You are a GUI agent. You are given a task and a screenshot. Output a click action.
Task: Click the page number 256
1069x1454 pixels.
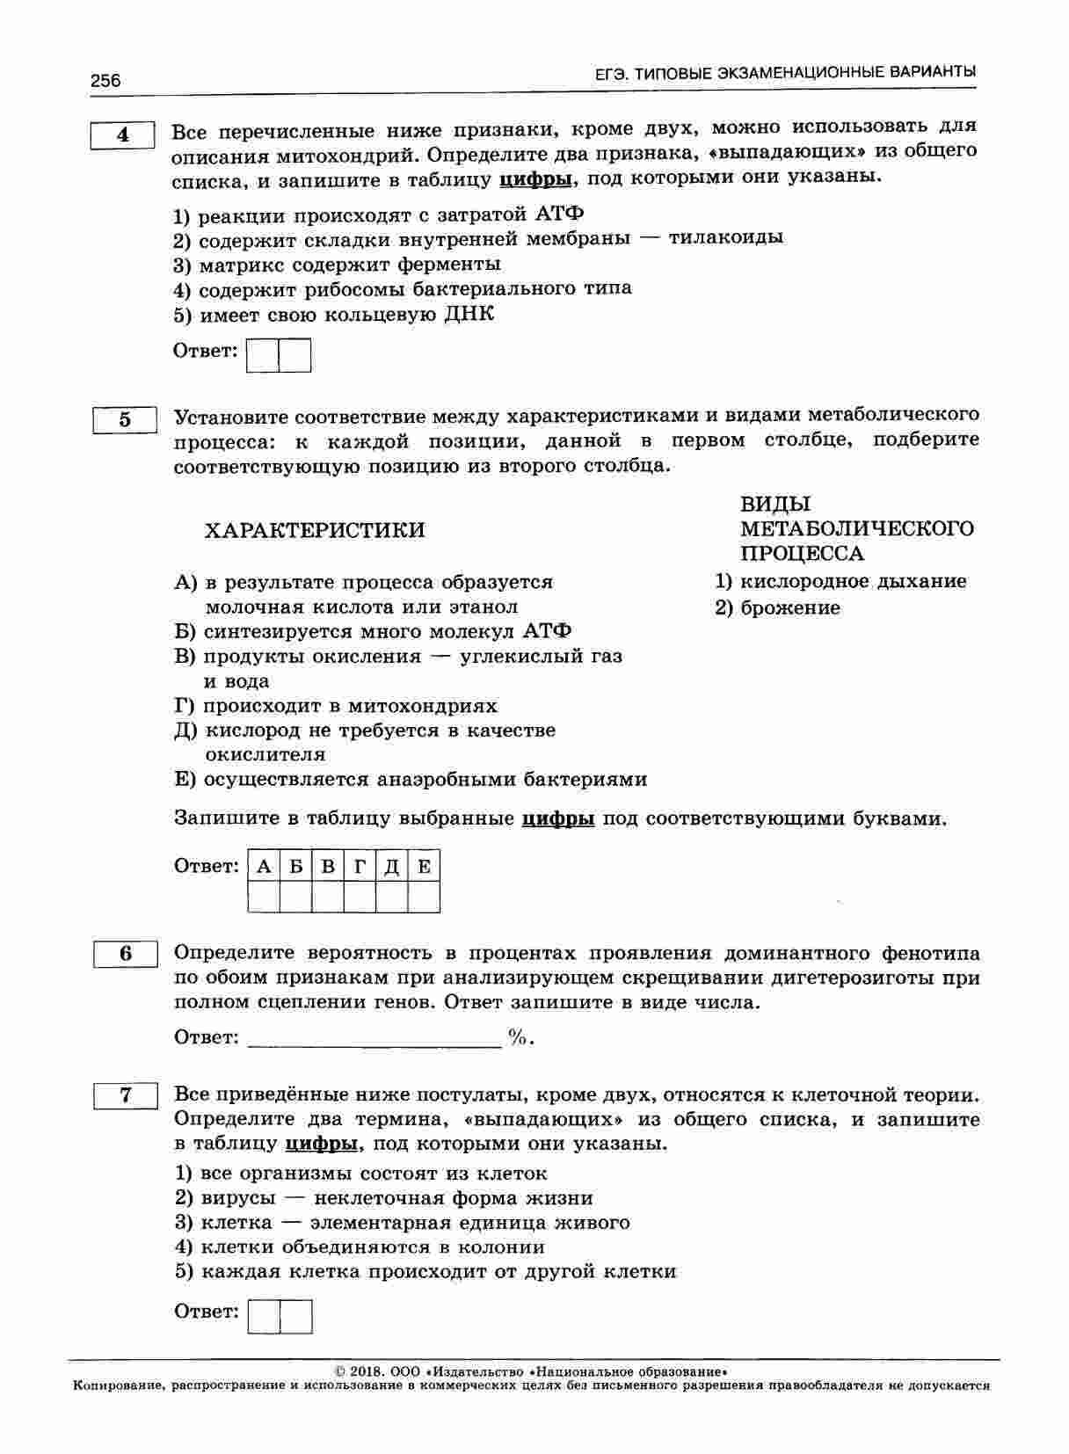pos(105,81)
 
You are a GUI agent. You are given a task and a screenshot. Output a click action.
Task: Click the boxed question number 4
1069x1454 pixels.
pos(123,135)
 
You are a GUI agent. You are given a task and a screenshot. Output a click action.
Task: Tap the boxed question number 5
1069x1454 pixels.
pos(125,420)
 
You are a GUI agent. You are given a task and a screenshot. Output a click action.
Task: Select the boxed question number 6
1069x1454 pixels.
pos(126,954)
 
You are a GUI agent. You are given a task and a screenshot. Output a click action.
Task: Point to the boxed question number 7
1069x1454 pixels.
pos(126,1095)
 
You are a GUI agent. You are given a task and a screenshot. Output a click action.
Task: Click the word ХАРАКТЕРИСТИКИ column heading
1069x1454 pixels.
pos(314,530)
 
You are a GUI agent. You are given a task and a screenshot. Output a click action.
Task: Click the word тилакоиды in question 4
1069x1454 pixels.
pos(725,237)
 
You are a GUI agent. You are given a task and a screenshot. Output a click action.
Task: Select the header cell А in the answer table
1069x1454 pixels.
pos(264,867)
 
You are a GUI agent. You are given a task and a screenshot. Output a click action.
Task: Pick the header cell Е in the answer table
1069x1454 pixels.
pos(424,867)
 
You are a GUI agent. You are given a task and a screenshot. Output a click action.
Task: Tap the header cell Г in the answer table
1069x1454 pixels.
pos(360,867)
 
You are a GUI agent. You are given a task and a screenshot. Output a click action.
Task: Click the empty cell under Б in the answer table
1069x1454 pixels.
pos(296,898)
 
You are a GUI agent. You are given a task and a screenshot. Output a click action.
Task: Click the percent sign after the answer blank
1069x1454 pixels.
pos(518,1038)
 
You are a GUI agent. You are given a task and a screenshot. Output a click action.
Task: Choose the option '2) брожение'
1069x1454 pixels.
pos(777,608)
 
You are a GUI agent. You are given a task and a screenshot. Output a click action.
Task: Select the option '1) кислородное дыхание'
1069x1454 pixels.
pos(840,581)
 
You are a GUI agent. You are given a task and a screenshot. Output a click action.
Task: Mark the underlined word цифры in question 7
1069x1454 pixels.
pos(322,1144)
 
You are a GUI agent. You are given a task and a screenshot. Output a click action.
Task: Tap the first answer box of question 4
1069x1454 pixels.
pos(263,356)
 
